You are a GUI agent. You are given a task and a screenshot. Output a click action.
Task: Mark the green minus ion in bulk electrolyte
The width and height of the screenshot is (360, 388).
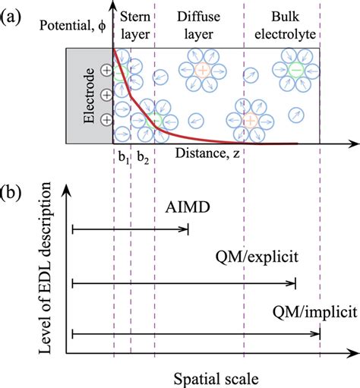295,70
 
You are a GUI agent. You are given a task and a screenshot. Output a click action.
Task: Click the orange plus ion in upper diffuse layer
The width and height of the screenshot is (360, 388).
202,70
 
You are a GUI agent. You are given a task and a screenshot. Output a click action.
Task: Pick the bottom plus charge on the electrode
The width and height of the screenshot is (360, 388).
108,119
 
